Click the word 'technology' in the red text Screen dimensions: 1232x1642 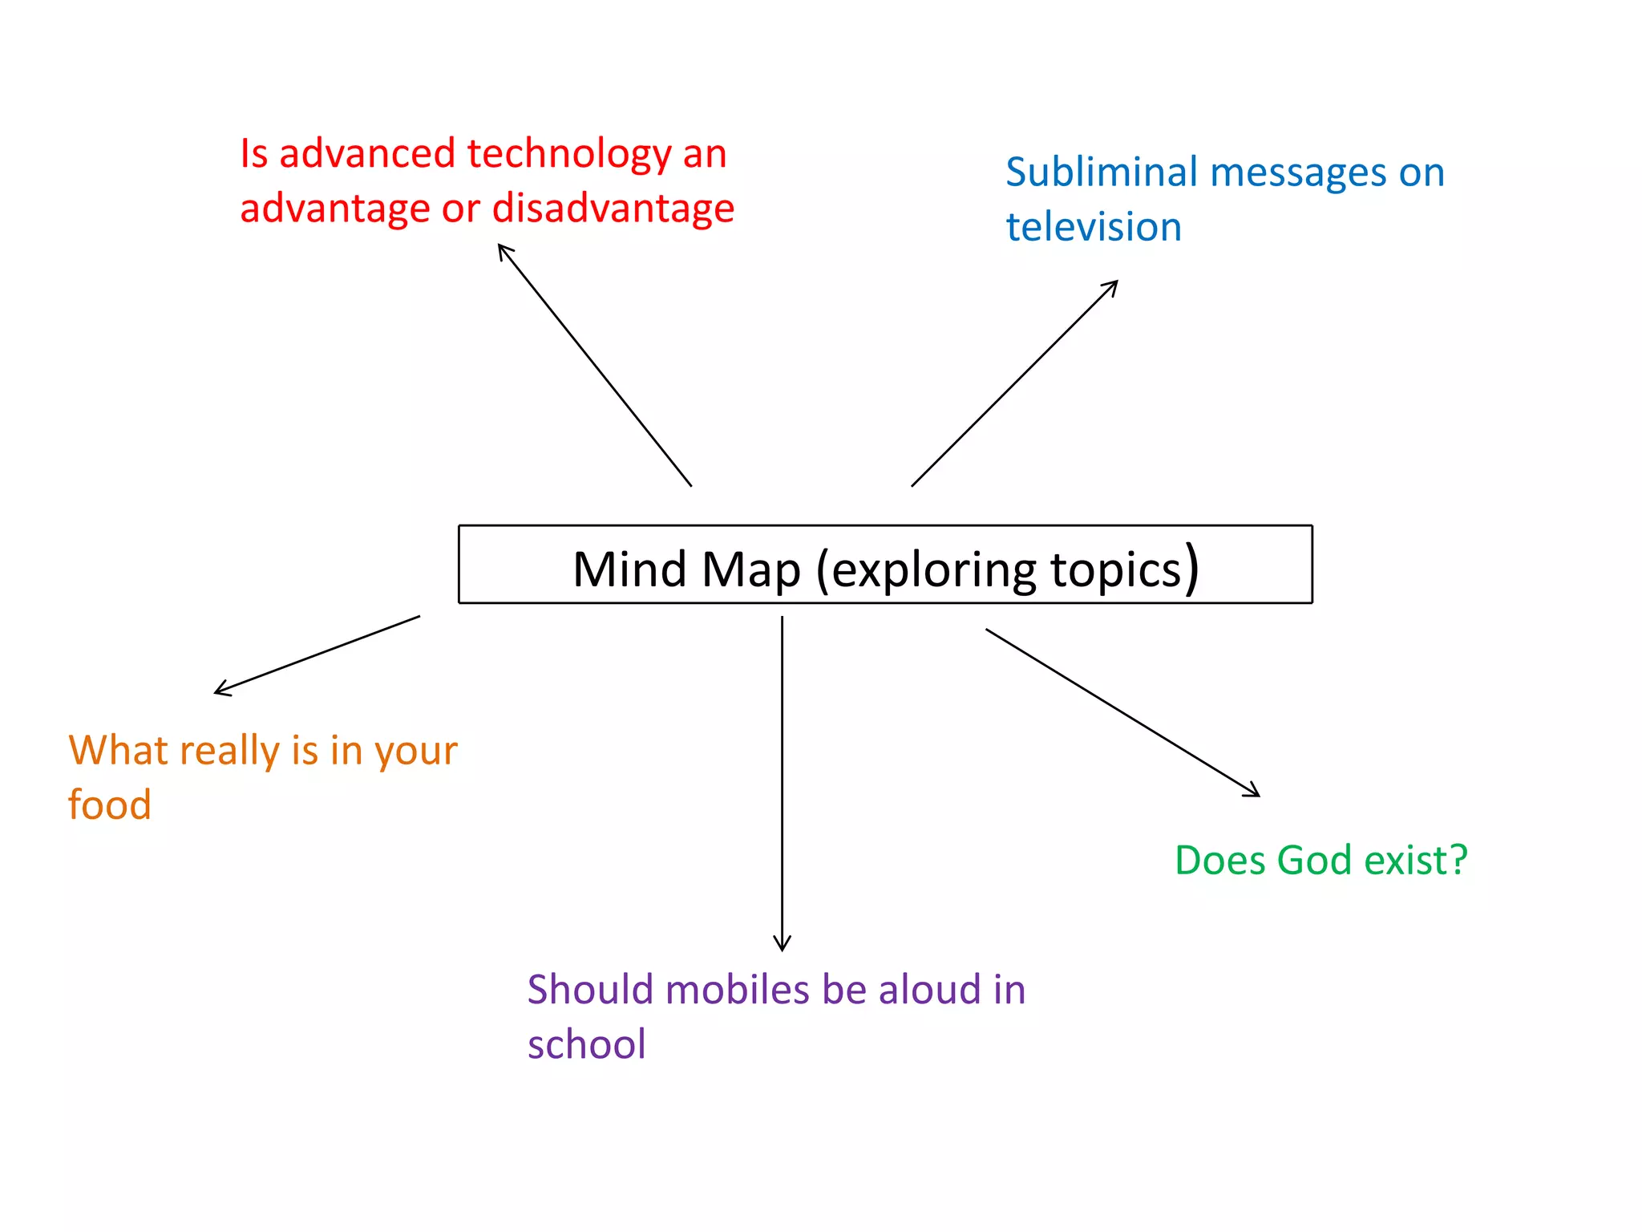tap(568, 154)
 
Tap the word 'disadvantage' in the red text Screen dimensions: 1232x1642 tap(613, 209)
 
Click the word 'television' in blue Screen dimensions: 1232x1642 tap(1094, 228)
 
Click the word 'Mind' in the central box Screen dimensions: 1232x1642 tap(629, 569)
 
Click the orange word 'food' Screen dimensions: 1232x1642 tap(110, 804)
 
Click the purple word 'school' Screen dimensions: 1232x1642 tap(586, 1044)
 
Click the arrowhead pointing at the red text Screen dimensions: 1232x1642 tap(503, 249)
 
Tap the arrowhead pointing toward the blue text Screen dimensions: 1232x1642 tap(1112, 286)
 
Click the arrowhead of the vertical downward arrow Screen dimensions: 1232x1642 tap(782, 945)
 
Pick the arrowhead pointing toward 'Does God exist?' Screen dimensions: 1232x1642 tap(1253, 792)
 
